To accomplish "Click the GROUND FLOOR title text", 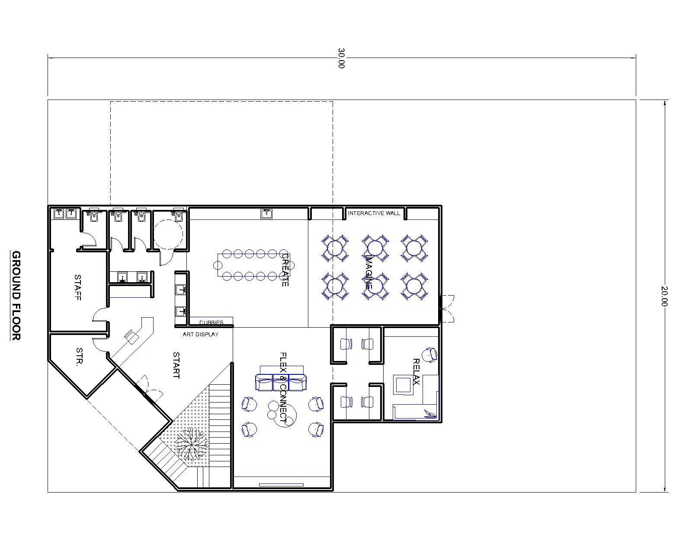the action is click(16, 295).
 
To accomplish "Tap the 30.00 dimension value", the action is click(341, 58).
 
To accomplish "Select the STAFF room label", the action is click(78, 287).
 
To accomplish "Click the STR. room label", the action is click(80, 357).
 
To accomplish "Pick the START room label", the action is click(176, 365).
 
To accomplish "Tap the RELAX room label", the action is click(416, 371).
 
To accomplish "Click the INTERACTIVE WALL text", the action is click(374, 213).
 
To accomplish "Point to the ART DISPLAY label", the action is click(200, 335).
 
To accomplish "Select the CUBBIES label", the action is click(211, 322).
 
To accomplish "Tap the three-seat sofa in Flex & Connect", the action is click(281, 382).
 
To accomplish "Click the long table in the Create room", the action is click(254, 265).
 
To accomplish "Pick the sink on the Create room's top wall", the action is click(266, 214).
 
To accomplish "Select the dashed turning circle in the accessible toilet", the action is click(168, 234).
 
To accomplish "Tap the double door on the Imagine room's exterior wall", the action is click(446, 309).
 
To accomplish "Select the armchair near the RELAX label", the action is click(430, 355).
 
